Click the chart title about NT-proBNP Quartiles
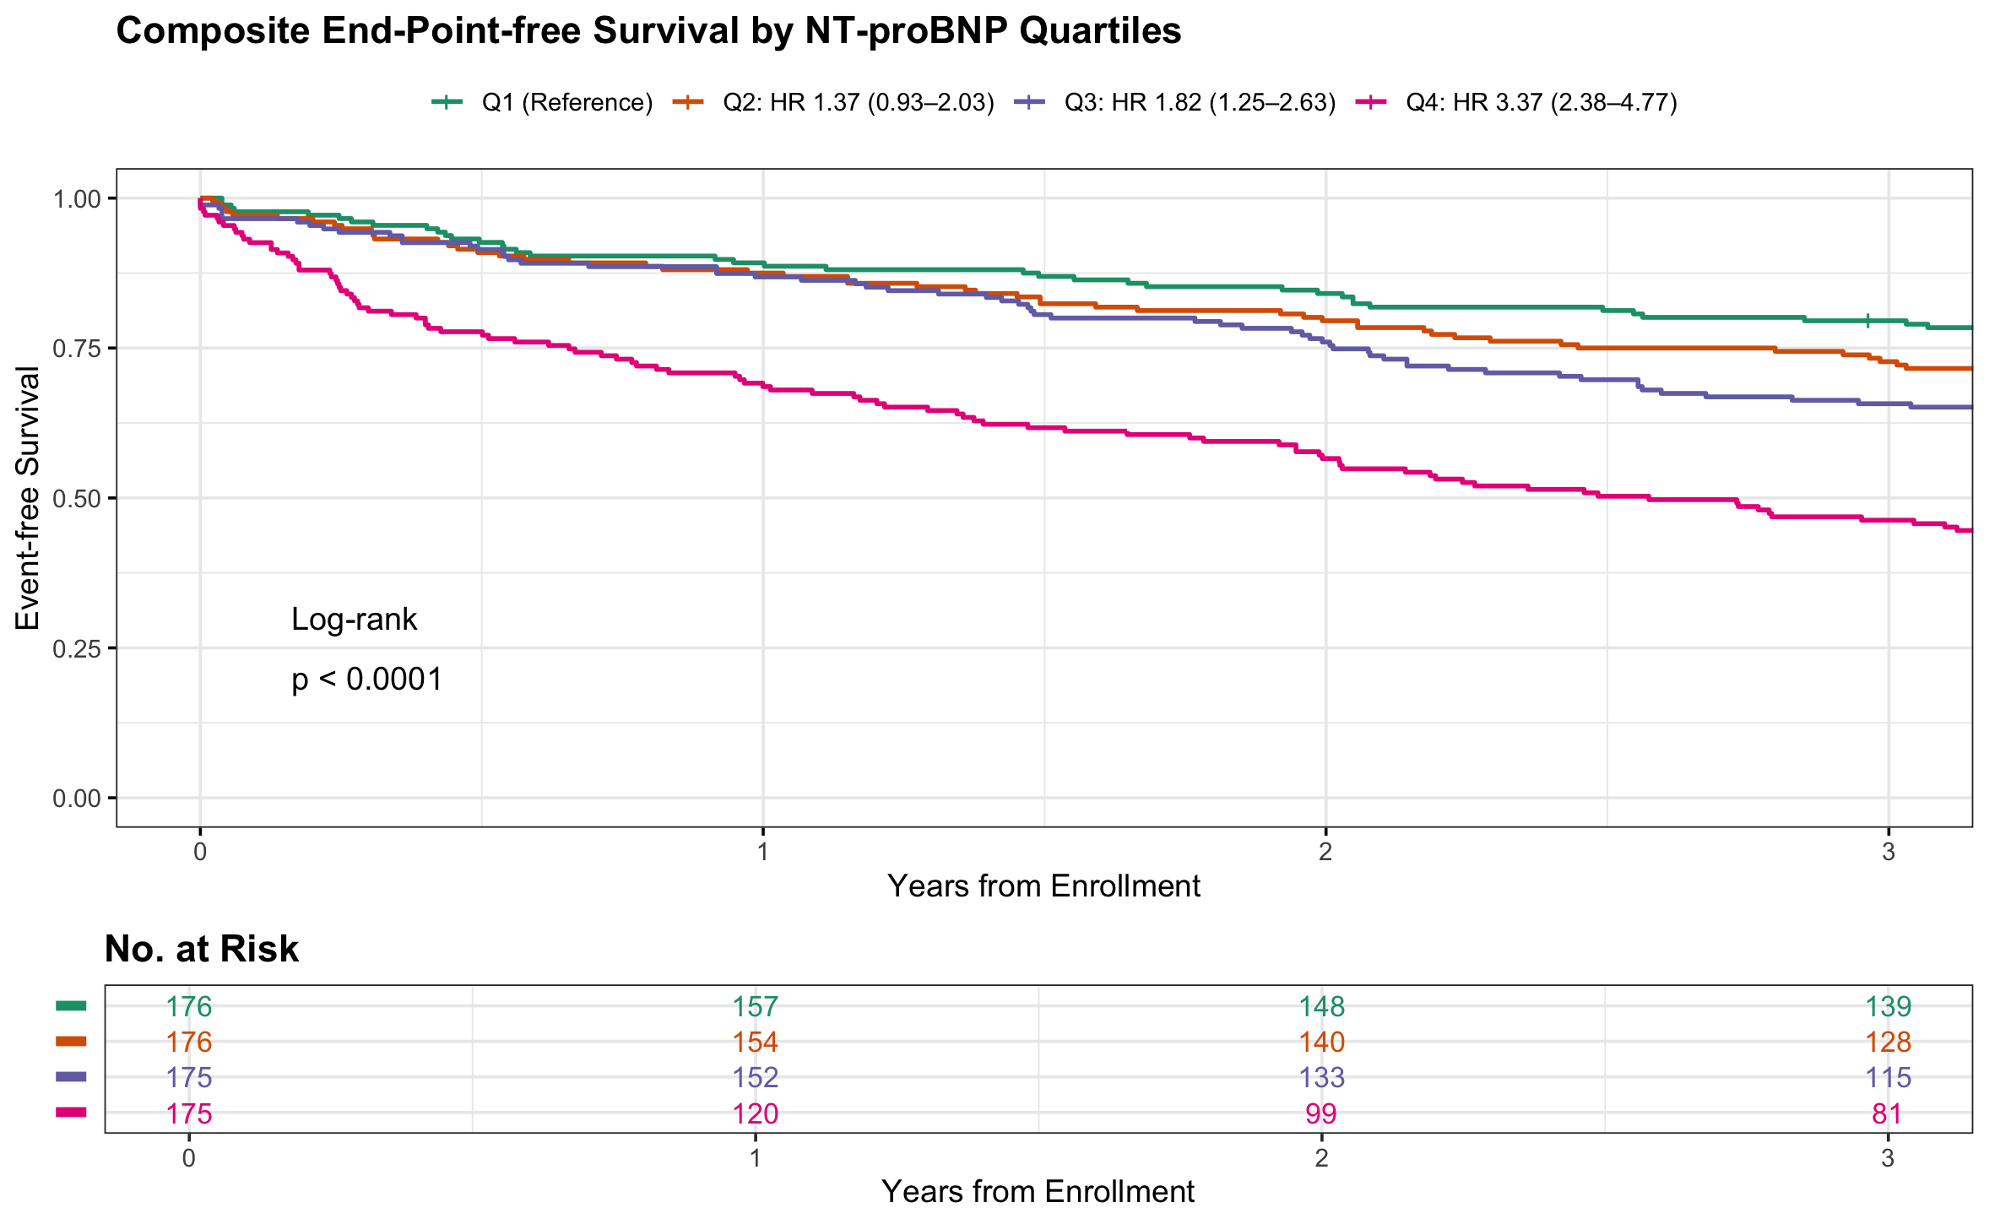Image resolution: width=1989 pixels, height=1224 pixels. pos(648,32)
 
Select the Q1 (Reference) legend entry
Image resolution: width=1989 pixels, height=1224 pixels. pos(566,103)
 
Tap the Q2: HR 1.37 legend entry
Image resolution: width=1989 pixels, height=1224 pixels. pos(858,103)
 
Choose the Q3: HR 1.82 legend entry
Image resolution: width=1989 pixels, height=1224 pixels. pos(1200,103)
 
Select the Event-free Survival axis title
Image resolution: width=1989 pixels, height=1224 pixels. pos(28,498)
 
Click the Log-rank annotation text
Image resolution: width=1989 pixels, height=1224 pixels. pos(354,620)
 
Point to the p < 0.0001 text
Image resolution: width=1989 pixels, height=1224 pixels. pos(367,680)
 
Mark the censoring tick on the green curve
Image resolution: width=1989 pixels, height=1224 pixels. pos(1867,321)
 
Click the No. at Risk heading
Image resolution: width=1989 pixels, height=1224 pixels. pos(201,949)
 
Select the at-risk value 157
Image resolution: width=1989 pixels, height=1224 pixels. pos(755,1006)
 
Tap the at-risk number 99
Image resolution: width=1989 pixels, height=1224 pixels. pos(1321,1113)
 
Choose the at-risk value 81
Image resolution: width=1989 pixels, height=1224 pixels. pos(1887,1113)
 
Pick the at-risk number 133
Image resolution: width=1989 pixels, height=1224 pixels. pos(1321,1078)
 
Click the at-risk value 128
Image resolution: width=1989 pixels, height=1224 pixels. pos(1887,1042)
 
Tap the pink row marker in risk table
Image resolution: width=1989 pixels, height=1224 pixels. pos(71,1113)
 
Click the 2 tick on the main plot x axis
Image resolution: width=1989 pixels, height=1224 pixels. pos(1325,851)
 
